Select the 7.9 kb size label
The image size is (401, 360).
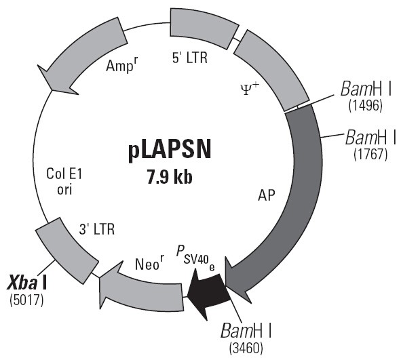click(170, 177)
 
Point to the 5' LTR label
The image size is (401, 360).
click(190, 58)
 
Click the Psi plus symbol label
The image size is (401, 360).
click(250, 89)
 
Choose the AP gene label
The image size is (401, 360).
click(267, 195)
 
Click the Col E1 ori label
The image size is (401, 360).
click(64, 182)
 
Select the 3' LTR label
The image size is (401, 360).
click(97, 229)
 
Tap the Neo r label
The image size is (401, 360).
click(149, 263)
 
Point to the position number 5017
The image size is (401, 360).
click(26, 300)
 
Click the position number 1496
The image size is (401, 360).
click(366, 105)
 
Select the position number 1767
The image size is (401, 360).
click(370, 155)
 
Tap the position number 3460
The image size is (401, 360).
click(246, 348)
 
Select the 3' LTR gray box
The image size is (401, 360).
click(67, 248)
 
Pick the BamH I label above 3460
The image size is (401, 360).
click(246, 330)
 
